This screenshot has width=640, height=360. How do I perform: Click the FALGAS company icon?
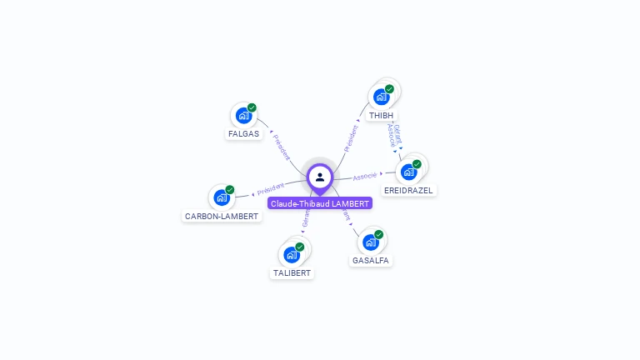242,116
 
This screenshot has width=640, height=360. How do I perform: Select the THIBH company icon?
381,97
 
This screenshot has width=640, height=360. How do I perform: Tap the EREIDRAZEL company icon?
408,172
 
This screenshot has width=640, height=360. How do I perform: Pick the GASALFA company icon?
370,242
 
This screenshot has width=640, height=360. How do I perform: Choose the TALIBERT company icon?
292,254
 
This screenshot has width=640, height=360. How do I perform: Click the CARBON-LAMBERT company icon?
221,197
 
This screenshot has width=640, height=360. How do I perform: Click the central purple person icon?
320,177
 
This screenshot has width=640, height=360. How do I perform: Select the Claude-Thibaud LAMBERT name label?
320,203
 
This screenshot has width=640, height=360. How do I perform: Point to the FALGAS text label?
243,133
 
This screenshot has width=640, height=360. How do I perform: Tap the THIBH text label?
382,115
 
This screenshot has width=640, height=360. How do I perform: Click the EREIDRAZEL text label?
408,190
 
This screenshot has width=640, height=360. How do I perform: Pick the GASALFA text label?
370,260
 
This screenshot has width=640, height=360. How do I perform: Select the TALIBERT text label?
292,272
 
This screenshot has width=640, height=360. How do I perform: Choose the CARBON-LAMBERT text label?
222,216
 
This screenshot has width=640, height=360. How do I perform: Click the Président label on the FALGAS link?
282,145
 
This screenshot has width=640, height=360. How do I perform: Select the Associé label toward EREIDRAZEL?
365,177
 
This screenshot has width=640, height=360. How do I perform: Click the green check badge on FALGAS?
252,107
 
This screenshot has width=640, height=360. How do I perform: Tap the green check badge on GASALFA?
378,234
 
